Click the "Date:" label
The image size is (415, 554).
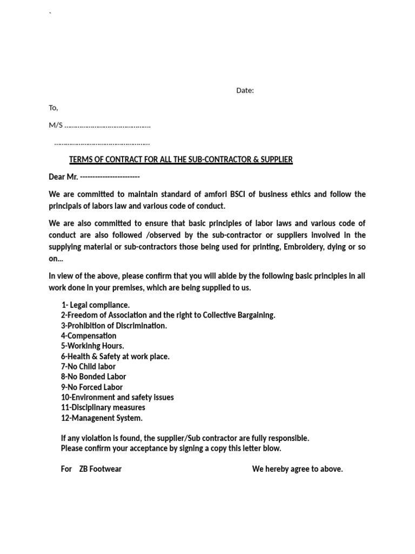coord(245,90)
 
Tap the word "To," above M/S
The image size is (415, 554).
coord(53,108)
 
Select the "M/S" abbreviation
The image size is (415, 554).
coord(56,125)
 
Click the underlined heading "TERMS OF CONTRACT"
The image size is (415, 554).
coord(180,160)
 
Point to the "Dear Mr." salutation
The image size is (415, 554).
coord(64,177)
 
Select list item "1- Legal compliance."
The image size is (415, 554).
coord(96,305)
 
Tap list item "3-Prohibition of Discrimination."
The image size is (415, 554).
coord(114,326)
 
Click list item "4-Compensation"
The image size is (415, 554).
coord(89,336)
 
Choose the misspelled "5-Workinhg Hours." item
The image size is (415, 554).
coord(92,346)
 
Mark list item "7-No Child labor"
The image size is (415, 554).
coord(88,367)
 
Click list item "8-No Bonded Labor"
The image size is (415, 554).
coord(93,377)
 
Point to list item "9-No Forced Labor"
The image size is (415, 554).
coord(92,387)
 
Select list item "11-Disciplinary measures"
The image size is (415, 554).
coord(103,407)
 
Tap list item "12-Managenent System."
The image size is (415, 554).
coord(102,418)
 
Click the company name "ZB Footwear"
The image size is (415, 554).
coord(100,469)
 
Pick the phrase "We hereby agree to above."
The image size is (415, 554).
coord(297,469)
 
